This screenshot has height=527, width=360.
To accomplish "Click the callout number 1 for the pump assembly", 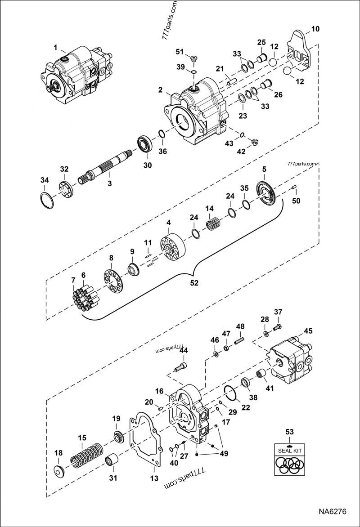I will pyautogui.click(x=55, y=47).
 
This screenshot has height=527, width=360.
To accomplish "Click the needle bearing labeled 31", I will pyautogui.click(x=112, y=460).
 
